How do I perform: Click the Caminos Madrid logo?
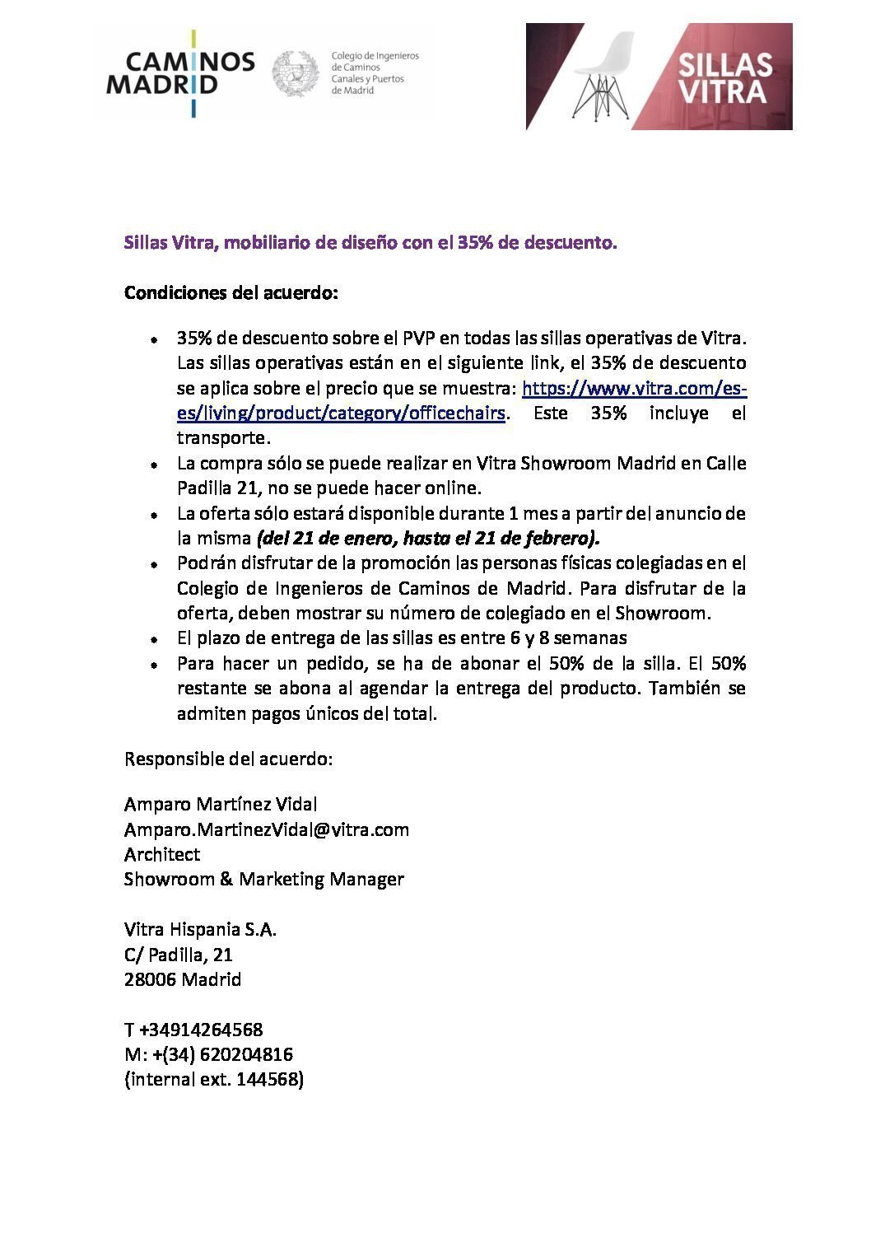(x=180, y=74)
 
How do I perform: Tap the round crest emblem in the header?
(x=296, y=73)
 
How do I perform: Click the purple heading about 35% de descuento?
(x=370, y=243)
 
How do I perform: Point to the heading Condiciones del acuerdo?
(x=231, y=292)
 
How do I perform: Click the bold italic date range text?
(x=428, y=539)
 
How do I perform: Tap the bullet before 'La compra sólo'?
(x=154, y=465)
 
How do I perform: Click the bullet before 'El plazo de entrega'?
(x=154, y=639)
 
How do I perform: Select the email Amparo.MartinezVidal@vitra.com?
(x=267, y=829)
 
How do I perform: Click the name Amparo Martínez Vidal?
(x=221, y=804)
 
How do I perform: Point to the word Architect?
(x=162, y=854)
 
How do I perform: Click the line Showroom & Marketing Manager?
(x=263, y=879)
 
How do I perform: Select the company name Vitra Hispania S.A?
(x=200, y=930)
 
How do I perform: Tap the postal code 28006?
(x=151, y=980)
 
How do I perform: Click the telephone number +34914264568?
(x=202, y=1030)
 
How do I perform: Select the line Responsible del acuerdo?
(x=228, y=759)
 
